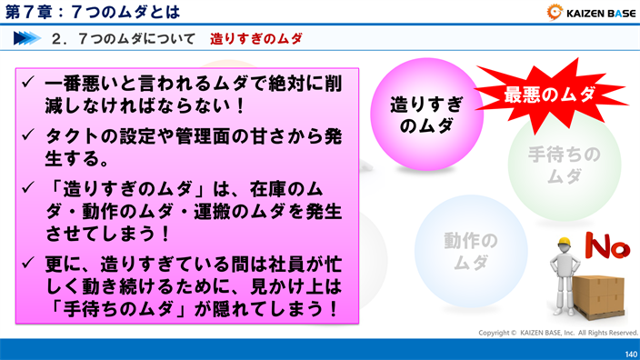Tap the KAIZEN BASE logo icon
coord(555,13)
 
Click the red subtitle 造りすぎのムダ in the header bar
coord(255,39)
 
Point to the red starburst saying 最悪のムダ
coord(549,94)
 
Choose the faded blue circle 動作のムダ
coord(470,251)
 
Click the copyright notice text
coord(558,333)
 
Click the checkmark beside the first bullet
coord(29,82)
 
